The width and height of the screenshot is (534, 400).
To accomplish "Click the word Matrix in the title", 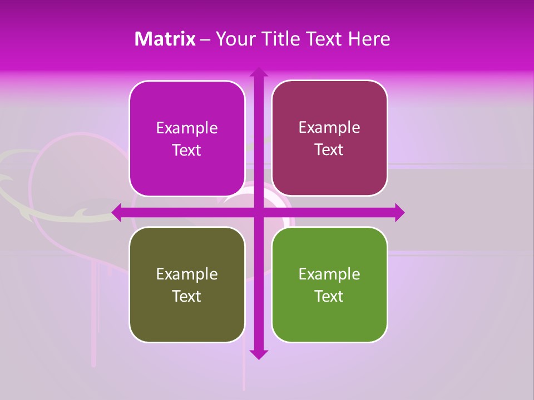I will point(165,39).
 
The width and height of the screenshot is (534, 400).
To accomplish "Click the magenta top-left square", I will point(187,138).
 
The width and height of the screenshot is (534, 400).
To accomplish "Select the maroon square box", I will point(329,138).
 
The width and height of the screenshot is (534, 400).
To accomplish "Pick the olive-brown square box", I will point(187,284).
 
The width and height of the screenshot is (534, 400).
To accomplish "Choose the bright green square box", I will point(329,284).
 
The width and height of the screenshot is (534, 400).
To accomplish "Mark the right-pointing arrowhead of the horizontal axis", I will point(399,212).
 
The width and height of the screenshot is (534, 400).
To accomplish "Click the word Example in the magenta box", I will point(187,128).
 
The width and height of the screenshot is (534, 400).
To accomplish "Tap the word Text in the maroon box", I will point(329,150).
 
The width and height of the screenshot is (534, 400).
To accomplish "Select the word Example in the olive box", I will point(187,274).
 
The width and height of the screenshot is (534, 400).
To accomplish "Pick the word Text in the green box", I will point(329,297).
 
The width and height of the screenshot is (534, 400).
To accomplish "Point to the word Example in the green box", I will point(329,274).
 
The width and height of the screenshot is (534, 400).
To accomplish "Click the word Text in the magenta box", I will point(186,151).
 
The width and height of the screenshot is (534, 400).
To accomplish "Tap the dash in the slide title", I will point(205,39).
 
